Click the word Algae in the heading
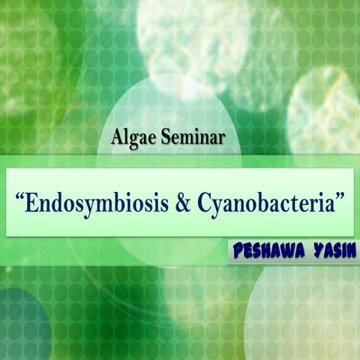pyautogui.click(x=129, y=138)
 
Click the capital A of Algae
pyautogui.click(x=115, y=137)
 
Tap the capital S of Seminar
pyautogui.click(x=155, y=138)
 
